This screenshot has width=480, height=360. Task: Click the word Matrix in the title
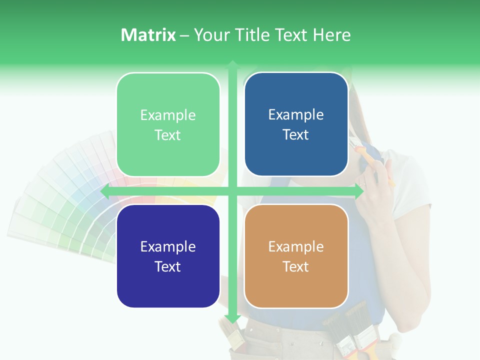[x=148, y=35]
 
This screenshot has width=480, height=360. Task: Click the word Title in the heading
[x=249, y=35]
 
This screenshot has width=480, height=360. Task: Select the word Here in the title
[x=331, y=35]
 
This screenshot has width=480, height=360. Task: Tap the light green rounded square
[x=168, y=124]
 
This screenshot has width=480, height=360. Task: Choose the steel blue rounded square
[x=296, y=124]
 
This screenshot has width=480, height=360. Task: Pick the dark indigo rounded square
[x=168, y=256]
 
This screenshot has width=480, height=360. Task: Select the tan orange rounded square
[x=296, y=256]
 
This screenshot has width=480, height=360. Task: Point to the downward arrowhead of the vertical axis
[x=232, y=319]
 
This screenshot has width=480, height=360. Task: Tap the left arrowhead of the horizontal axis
[x=104, y=191]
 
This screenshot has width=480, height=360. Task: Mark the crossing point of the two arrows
[x=232, y=191]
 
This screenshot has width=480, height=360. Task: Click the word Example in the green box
[x=168, y=115]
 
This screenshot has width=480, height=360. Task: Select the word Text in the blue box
[x=296, y=135]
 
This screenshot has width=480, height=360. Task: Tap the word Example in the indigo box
[x=168, y=247]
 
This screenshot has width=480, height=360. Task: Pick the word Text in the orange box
[x=296, y=266]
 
